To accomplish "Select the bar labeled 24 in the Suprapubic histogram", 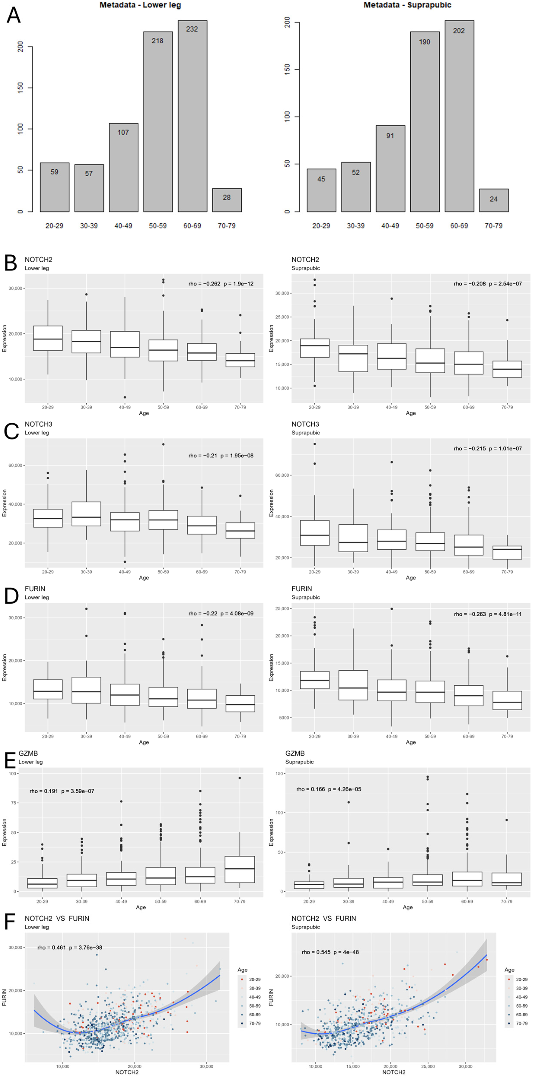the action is pos(494,200).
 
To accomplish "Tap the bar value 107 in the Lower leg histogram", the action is pos(123,132).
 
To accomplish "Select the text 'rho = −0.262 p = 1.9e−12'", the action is pos(221,284).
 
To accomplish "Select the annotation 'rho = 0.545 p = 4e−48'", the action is pos(330,952).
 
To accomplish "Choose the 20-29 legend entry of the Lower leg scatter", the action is pos(250,979).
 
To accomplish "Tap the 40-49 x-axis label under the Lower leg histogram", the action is pos(123,226).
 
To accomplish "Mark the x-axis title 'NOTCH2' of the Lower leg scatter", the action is pos(127,1072).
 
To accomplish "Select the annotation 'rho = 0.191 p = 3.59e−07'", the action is pos(62,791).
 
